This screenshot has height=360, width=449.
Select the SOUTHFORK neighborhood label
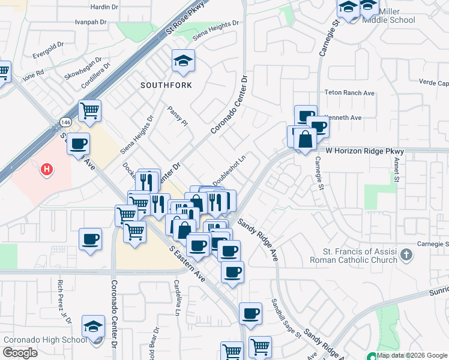point(166,85)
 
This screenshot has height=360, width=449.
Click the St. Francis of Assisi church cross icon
point(406,255)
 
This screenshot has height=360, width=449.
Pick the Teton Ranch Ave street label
point(349,93)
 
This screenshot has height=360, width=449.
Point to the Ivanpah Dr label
point(90,22)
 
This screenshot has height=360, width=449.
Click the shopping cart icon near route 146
point(90,110)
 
